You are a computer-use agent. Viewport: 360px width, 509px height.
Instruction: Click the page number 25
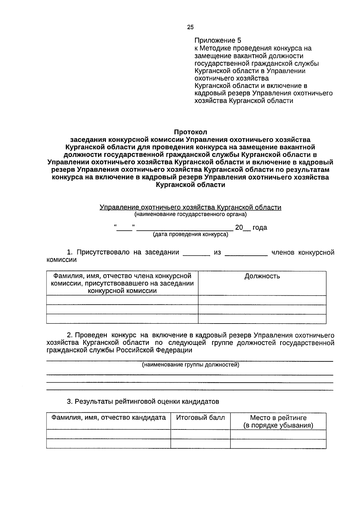point(190,27)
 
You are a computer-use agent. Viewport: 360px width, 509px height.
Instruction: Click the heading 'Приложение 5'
point(217,41)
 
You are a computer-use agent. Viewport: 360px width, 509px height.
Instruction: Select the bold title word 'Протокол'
point(190,132)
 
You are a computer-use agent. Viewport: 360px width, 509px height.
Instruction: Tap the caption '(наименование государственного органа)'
point(190,214)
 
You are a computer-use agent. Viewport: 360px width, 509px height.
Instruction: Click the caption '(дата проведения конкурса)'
point(190,234)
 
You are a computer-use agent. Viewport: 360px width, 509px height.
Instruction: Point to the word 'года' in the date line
point(259,227)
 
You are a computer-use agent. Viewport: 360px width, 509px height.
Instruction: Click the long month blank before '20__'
point(184,228)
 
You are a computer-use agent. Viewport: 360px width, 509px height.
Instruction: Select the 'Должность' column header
point(262,276)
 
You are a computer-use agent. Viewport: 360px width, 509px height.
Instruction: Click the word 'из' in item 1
point(217,252)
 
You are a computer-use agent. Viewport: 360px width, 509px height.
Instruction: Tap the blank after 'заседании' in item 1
point(196,253)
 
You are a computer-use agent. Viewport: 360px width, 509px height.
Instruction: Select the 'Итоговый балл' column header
point(200,417)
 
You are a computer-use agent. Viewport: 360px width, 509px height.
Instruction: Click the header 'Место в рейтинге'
point(278,418)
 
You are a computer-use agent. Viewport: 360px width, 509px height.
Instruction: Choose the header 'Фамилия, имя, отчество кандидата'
point(108,417)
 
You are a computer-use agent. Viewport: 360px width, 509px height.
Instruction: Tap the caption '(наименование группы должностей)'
point(190,365)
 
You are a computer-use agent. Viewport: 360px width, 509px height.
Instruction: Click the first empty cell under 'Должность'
point(262,300)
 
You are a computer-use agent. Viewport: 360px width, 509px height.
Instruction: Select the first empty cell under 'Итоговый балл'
point(200,434)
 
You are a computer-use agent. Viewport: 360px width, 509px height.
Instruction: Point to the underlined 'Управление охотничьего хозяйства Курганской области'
point(190,207)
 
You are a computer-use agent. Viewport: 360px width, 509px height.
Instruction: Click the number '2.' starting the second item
point(70,335)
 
